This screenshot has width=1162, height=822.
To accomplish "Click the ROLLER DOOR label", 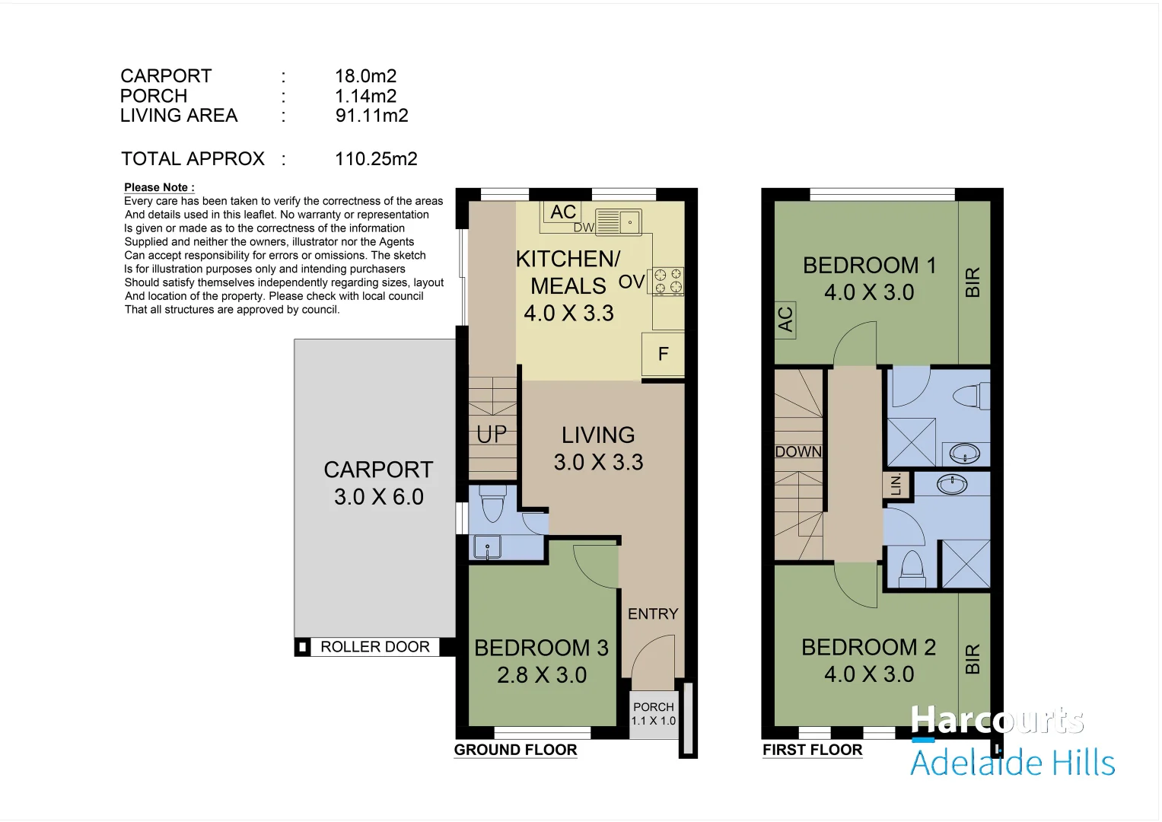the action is [375, 647].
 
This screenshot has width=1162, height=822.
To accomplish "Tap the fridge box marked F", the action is [663, 355].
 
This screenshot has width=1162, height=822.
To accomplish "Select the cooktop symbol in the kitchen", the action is [668, 282].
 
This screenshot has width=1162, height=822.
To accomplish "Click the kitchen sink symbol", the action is [619, 222].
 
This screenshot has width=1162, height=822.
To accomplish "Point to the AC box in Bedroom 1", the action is [785, 320].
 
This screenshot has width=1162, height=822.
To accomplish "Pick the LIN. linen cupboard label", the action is [896, 484].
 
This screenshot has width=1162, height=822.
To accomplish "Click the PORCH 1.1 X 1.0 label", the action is [654, 714].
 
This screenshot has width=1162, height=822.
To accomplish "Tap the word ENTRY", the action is [653, 614].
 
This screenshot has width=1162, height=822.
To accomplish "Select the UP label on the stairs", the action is [492, 435].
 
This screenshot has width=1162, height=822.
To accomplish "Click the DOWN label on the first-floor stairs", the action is [798, 451].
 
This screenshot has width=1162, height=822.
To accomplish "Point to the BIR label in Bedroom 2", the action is [973, 659].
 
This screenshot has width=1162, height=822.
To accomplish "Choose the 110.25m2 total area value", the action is [376, 159].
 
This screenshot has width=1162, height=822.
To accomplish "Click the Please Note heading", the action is [159, 187].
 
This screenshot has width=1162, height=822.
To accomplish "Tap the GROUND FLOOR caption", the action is [515, 750].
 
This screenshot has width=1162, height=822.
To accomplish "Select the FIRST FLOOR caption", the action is [813, 750].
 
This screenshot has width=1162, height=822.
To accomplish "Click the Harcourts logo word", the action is [997, 720].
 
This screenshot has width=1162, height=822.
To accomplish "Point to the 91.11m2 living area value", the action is [371, 115].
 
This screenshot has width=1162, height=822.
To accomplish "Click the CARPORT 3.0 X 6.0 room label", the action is [379, 483].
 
